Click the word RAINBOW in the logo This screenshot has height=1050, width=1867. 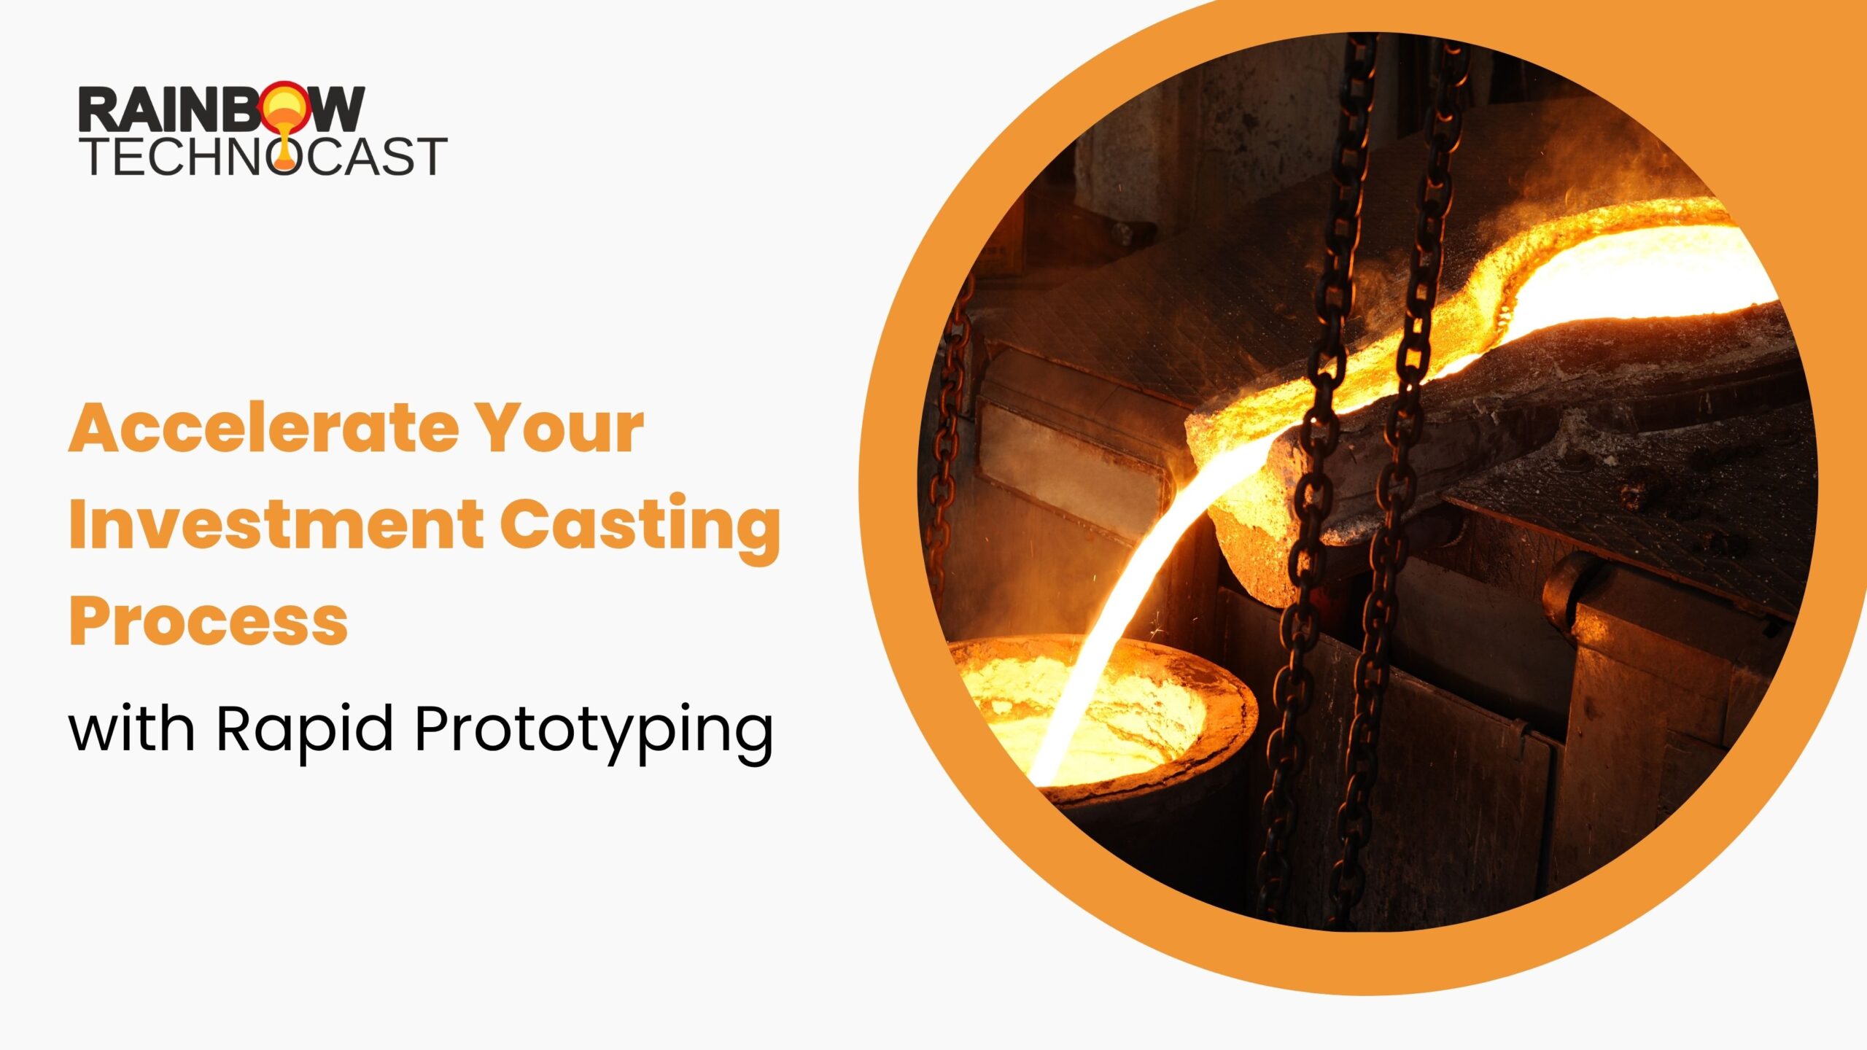pos(222,109)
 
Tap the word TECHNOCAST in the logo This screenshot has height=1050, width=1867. pos(263,155)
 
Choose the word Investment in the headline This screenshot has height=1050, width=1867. pos(275,523)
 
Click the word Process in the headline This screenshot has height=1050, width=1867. pos(208,621)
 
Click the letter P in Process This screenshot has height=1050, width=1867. pos(90,621)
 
